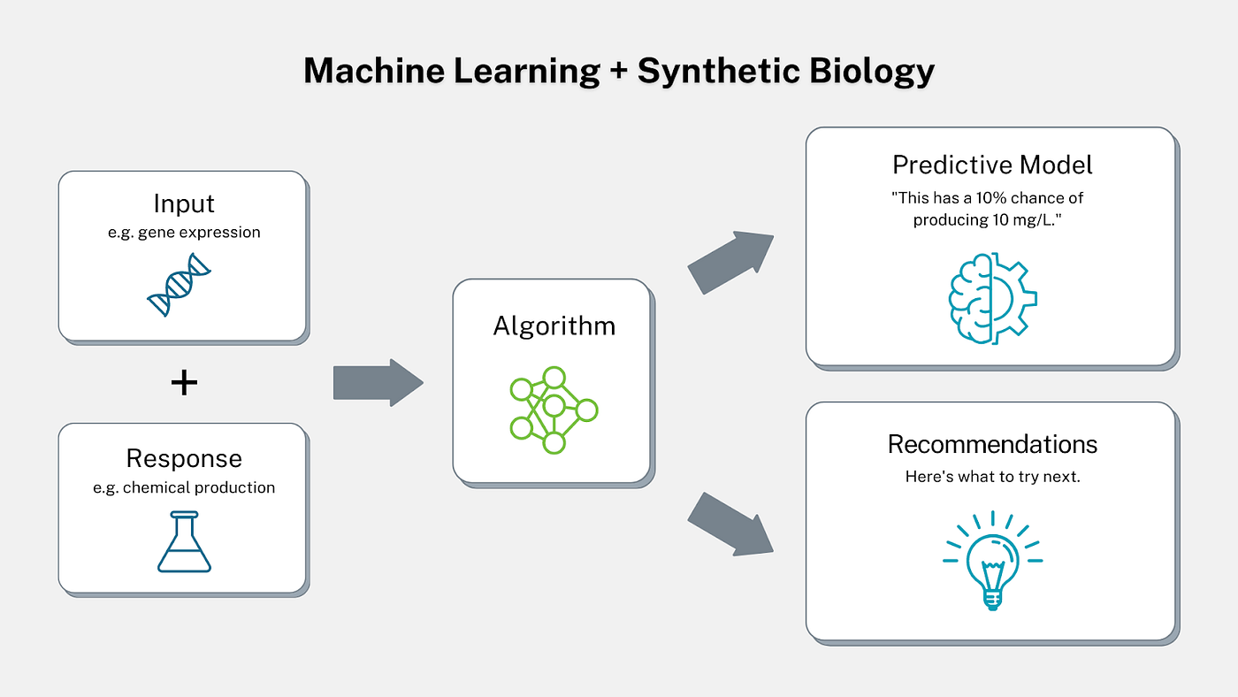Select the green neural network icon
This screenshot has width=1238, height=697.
[554, 410]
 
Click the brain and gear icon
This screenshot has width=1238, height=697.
[992, 295]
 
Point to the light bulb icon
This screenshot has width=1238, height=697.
[991, 561]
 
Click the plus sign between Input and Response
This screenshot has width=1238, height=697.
[183, 383]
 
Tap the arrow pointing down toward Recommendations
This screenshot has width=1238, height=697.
[730, 524]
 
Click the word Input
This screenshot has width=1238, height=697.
[184, 203]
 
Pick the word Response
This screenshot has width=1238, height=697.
[184, 458]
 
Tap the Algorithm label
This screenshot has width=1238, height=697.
[554, 326]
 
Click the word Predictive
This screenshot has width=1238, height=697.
[948, 165]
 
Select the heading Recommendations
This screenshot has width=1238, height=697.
[992, 443]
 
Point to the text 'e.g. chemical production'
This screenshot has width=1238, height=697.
[184, 487]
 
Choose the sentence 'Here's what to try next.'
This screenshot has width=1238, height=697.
[992, 476]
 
